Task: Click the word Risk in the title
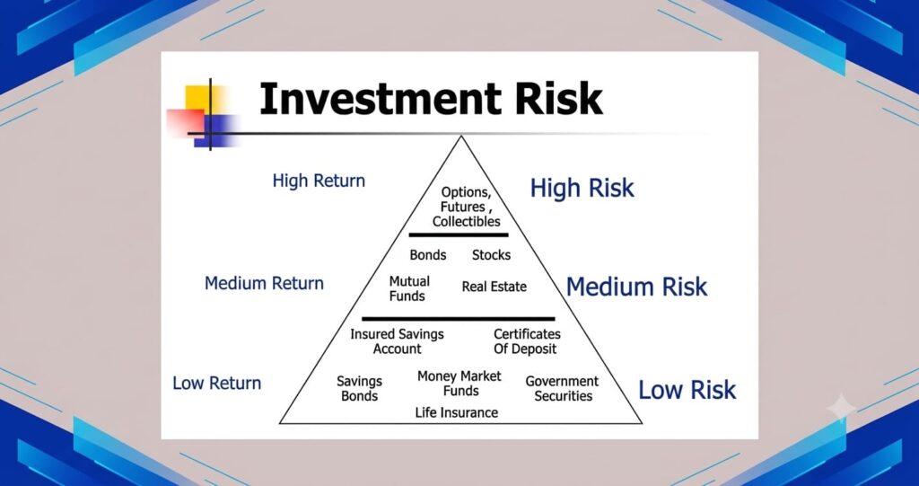click(558, 98)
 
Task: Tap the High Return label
click(319, 181)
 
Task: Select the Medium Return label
click(265, 283)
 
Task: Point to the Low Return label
click(217, 383)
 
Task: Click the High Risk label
click(582, 189)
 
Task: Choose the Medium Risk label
click(637, 287)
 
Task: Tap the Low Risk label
click(687, 390)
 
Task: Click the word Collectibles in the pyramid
click(467, 222)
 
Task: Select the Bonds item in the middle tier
click(428, 255)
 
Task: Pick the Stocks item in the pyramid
click(491, 255)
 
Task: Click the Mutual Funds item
click(409, 288)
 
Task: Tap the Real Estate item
click(495, 287)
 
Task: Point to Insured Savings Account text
click(397, 341)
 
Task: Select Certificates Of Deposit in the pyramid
click(527, 341)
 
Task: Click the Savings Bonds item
click(359, 389)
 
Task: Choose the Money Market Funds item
click(459, 384)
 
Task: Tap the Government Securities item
click(562, 389)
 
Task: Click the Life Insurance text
click(457, 413)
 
